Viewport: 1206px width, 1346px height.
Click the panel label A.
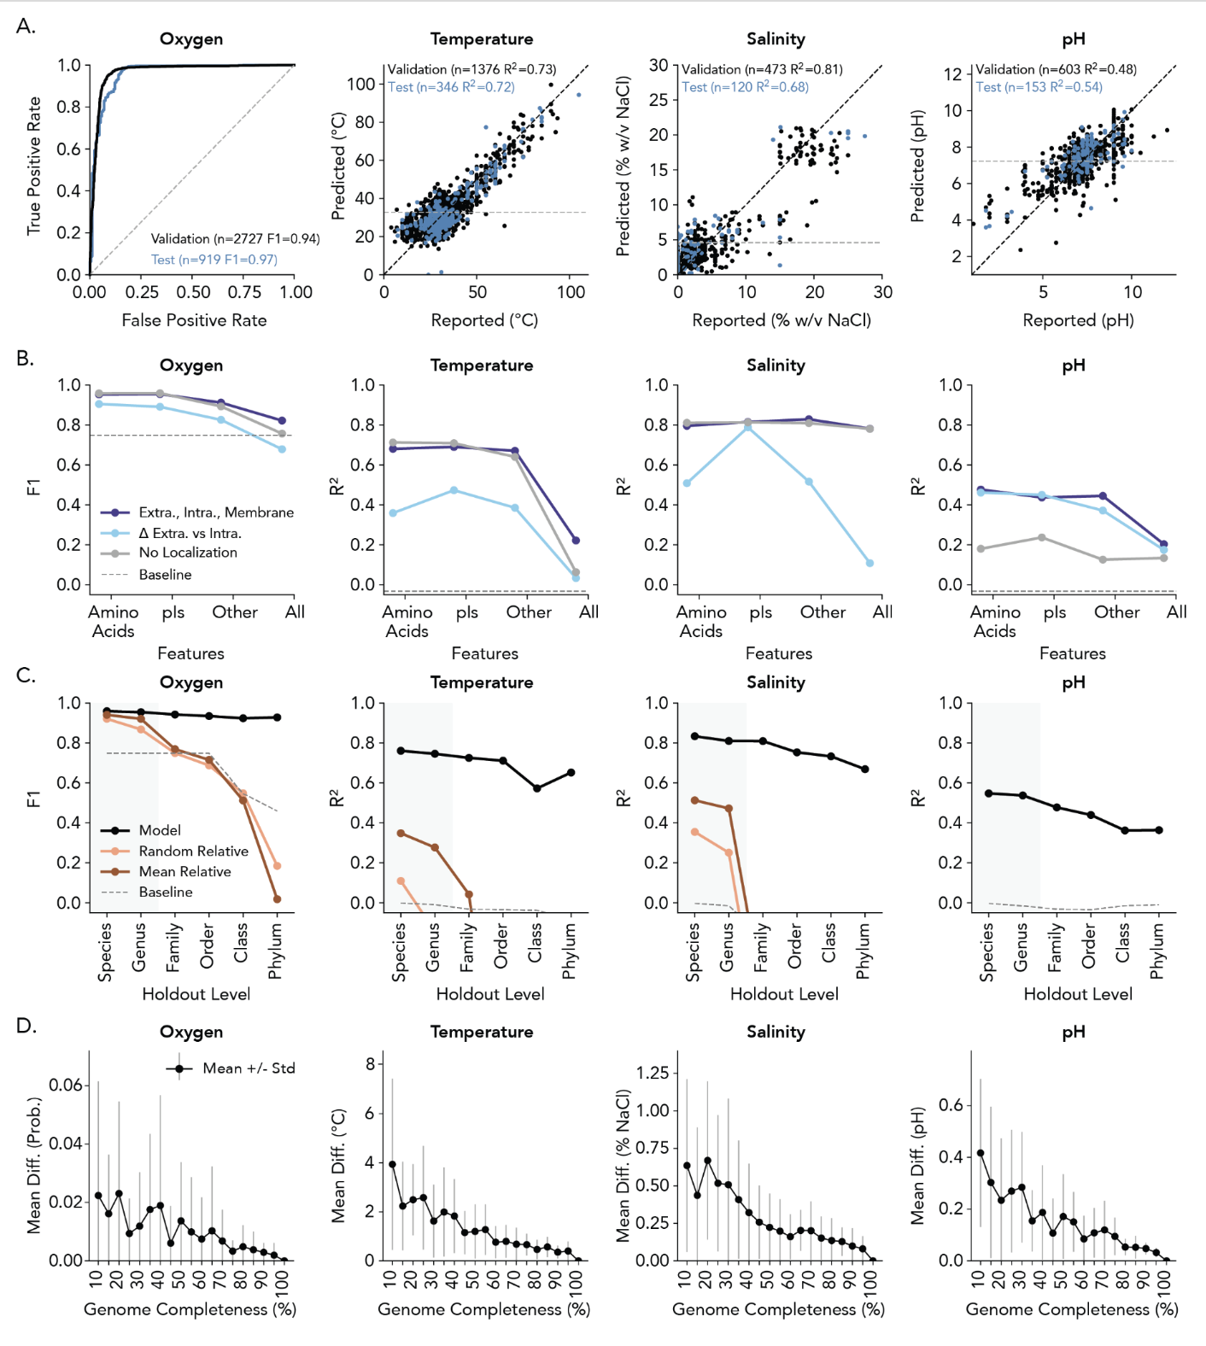[26, 26]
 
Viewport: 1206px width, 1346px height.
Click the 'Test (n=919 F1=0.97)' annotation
[214, 260]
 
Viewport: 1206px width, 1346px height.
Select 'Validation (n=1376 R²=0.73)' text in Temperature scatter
[471, 69]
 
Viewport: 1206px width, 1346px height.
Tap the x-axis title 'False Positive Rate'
[194, 320]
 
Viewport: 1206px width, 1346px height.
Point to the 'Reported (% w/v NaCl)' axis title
[782, 320]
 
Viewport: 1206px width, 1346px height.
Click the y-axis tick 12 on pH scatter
[952, 74]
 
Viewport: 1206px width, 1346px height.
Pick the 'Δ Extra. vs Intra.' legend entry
[190, 533]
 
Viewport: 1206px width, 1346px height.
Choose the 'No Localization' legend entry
[188, 553]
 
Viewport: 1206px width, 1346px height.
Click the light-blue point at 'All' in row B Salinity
[869, 563]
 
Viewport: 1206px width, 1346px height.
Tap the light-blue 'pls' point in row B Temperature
[454, 490]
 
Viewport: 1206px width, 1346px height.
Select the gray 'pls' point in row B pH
[1042, 537]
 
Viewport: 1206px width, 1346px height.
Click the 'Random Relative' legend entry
[193, 851]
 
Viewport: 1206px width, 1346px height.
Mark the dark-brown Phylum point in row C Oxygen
[277, 898]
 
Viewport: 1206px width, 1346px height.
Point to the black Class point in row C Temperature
[537, 788]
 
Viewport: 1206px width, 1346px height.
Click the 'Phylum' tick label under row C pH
[1157, 951]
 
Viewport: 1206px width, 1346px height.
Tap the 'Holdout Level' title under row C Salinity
[784, 994]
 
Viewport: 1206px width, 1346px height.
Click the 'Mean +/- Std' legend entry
[248, 1068]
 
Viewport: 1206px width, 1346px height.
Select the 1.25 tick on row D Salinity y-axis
[653, 1073]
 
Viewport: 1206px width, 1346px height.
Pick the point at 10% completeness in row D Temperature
[392, 1164]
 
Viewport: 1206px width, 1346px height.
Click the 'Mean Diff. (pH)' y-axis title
[917, 1167]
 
